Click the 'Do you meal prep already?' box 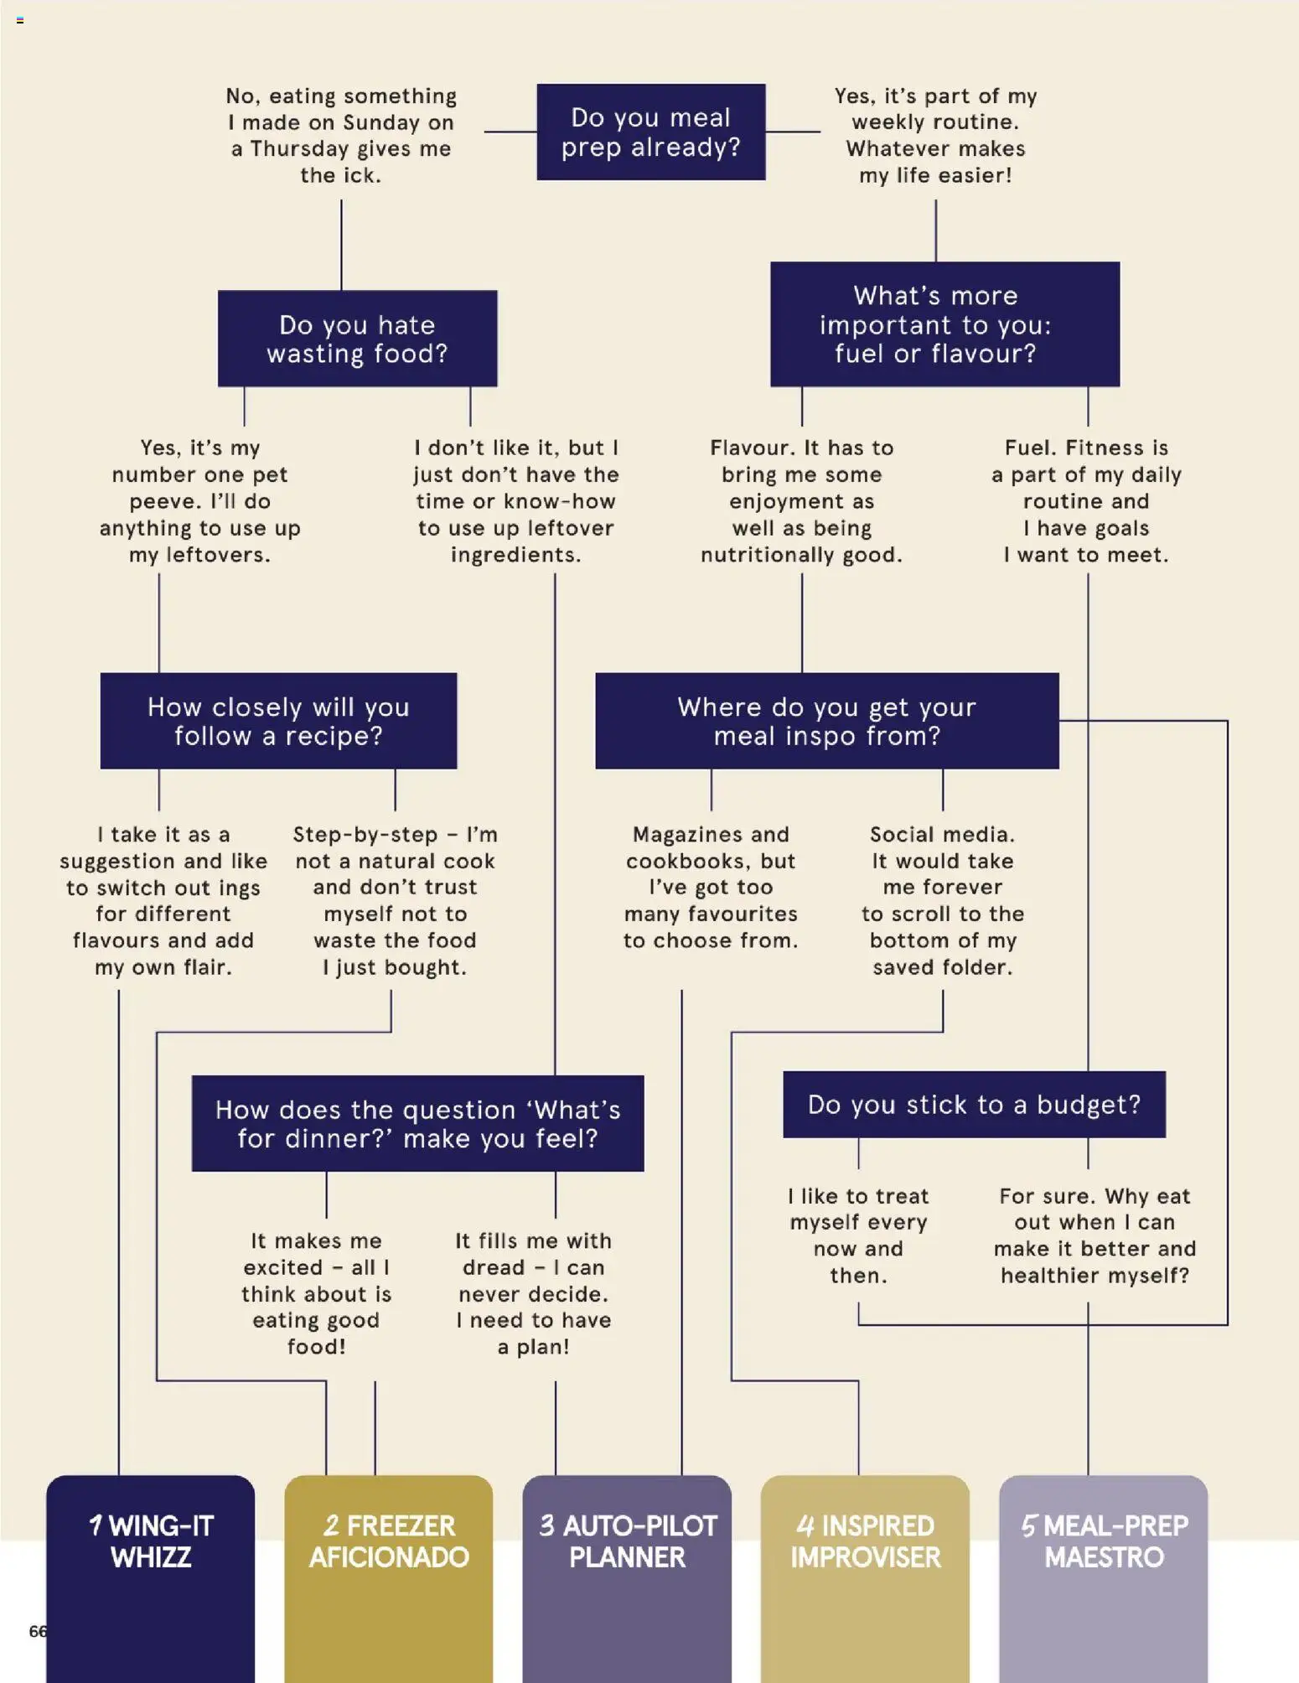tap(651, 132)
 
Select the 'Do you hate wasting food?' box tap(358, 339)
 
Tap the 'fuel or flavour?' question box tap(945, 324)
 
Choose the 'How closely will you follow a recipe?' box tap(279, 721)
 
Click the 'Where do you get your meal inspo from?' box tap(827, 721)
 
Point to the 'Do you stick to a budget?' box tap(975, 1105)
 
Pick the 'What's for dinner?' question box tap(418, 1123)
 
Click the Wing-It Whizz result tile tap(151, 1579)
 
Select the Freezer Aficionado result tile tap(389, 1579)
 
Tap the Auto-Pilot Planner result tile tap(627, 1579)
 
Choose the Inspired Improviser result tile tap(866, 1579)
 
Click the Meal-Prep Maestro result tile tap(1104, 1579)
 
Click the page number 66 tap(38, 1631)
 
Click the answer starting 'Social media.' tap(943, 901)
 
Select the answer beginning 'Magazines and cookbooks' tap(711, 888)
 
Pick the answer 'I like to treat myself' tap(859, 1235)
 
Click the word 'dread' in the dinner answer tap(494, 1267)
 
